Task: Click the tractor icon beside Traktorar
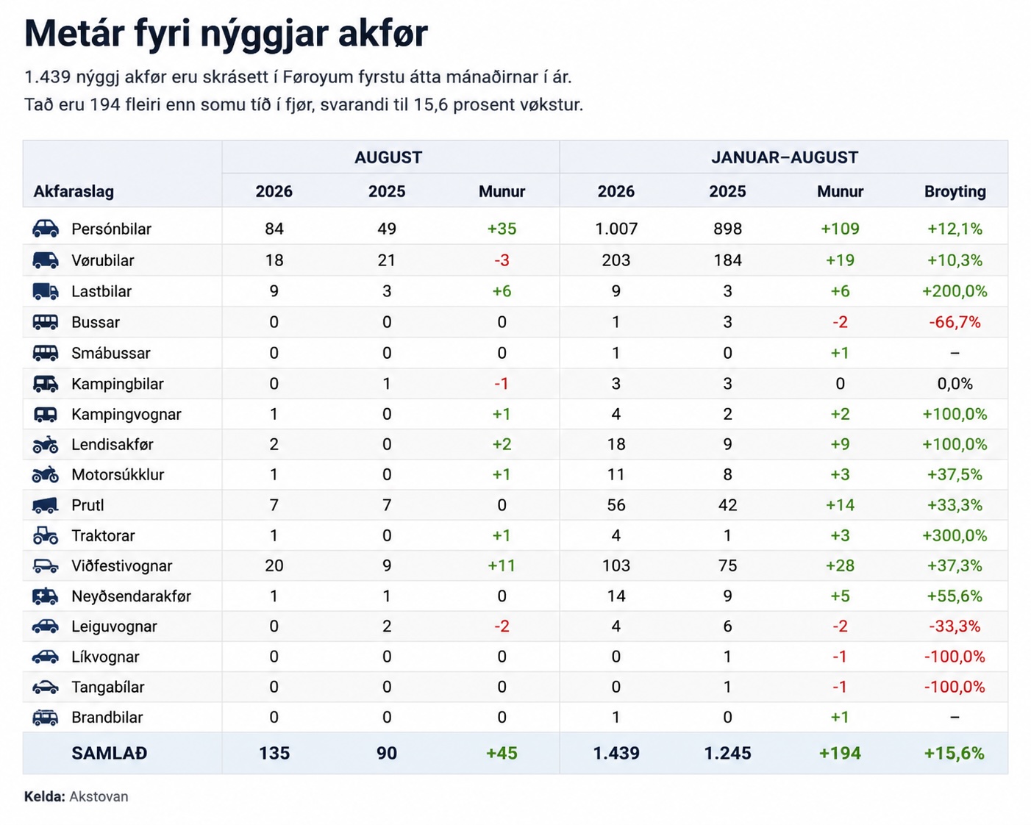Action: point(46,535)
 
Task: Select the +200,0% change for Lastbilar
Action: point(955,291)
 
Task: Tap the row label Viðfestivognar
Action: point(121,566)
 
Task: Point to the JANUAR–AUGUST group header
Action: point(784,157)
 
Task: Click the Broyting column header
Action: point(955,192)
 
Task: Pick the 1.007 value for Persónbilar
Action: point(616,229)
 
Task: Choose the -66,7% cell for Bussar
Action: point(955,322)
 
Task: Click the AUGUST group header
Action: point(388,157)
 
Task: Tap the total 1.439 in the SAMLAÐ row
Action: point(616,753)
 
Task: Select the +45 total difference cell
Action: point(502,753)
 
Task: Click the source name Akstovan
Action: point(99,797)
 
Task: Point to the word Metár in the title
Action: point(75,34)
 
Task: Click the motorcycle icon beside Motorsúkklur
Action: point(46,474)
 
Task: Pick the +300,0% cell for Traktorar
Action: point(955,535)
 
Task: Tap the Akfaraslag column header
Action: point(74,192)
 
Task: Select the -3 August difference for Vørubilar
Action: point(502,260)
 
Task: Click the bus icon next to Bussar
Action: point(46,322)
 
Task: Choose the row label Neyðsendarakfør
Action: point(132,596)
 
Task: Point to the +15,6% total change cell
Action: point(955,753)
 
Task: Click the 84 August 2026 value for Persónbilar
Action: point(274,229)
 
